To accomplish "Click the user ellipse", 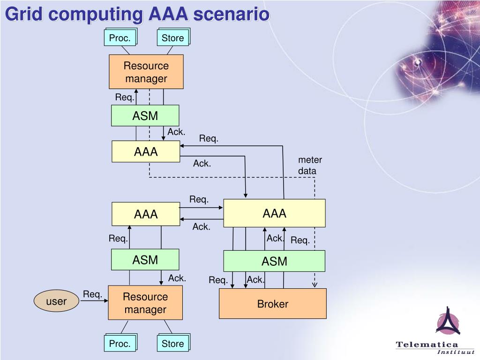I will (x=56, y=301).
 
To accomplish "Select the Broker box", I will (x=273, y=304).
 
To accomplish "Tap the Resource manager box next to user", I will (x=145, y=303).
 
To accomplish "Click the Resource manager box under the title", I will (x=146, y=72).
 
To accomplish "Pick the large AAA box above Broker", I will (x=274, y=213).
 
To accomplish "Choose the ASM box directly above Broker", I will (x=274, y=261).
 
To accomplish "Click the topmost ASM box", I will (x=145, y=115).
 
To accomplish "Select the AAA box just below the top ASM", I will (x=145, y=151).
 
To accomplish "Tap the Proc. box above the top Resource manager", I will (x=120, y=38).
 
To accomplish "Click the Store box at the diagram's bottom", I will (x=172, y=344).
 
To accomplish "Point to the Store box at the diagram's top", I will (x=172, y=38).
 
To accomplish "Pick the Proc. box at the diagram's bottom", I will (x=120, y=344).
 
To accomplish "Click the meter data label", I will (x=310, y=165).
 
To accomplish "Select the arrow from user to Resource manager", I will (x=94, y=301).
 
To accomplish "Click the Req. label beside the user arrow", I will (x=92, y=294).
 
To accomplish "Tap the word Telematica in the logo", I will (x=427, y=345).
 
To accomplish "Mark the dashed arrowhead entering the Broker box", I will (x=315, y=284).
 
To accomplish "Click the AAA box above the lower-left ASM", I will (x=145, y=214).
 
